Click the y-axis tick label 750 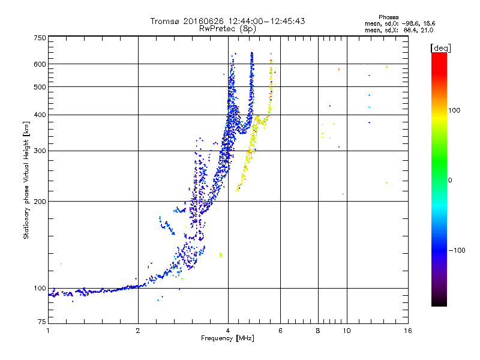coord(40,38)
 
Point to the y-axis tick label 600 coord(40,64)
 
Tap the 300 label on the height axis coord(40,151)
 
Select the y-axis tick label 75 coord(42,322)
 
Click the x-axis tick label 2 coord(138,331)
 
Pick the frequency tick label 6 coord(280,331)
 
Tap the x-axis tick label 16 coord(408,331)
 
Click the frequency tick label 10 coord(347,331)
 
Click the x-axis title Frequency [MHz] coord(227,338)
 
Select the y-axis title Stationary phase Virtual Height coord(26,190)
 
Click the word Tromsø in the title coord(164,21)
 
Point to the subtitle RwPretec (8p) coord(227,29)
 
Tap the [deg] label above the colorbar coord(440,49)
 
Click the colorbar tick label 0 coord(449,181)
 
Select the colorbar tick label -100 coord(457,250)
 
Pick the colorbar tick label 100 coord(454,110)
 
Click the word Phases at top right coord(388,17)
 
